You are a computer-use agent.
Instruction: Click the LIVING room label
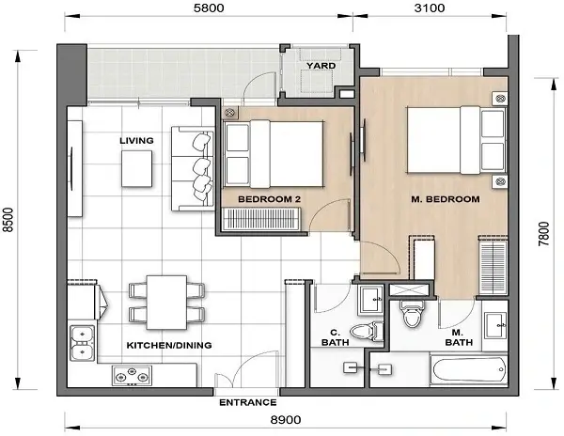tap(136, 141)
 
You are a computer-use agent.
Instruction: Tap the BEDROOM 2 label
tap(269, 199)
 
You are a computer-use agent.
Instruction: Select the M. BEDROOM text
tap(446, 199)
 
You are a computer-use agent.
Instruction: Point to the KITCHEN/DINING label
tap(168, 345)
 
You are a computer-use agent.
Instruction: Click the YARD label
tap(321, 66)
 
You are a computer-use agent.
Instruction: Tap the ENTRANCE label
tap(247, 402)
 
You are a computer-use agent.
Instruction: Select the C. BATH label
tap(336, 335)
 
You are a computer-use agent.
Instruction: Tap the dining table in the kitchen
tap(166, 300)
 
